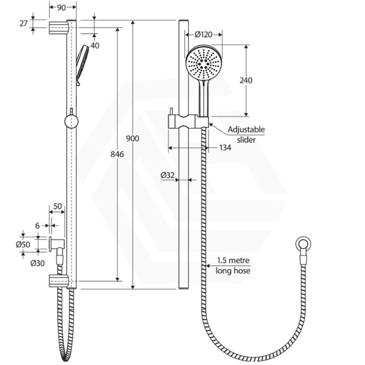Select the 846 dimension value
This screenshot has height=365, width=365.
click(117, 155)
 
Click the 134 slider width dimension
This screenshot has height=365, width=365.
click(224, 147)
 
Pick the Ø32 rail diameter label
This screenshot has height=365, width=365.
click(168, 174)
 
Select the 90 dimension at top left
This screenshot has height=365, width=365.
click(57, 7)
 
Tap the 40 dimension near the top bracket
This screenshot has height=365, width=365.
click(95, 45)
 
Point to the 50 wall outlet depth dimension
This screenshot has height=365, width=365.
click(57, 206)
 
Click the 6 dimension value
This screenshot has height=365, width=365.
click(37, 225)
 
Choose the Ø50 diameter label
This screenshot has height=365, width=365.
click(23, 244)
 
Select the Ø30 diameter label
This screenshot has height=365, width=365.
click(37, 263)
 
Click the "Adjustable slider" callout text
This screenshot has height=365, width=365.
click(246, 135)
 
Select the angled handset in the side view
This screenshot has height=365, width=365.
click(82, 64)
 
